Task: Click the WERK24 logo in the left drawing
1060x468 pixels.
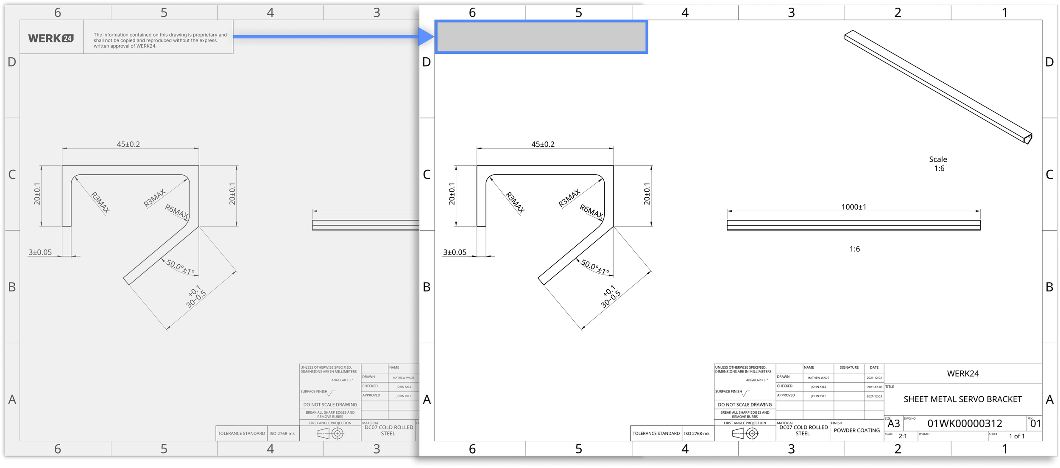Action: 51,38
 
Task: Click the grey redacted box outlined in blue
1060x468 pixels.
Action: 541,37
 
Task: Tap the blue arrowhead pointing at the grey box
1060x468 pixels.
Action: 426,36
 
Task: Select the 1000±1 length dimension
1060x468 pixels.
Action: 854,207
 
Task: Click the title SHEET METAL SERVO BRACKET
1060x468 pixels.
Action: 962,399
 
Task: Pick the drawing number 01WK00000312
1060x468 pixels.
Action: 965,423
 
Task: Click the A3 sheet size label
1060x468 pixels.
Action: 893,423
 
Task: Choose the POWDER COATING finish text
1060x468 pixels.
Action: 856,430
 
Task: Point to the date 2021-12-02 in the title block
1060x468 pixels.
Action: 874,378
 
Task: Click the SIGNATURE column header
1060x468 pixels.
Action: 849,367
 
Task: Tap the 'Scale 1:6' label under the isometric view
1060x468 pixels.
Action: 938,164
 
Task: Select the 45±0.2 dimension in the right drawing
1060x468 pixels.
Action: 543,144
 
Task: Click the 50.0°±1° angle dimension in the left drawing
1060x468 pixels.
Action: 180,267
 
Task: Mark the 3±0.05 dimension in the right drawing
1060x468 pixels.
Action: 455,252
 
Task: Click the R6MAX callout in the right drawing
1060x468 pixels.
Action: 591,211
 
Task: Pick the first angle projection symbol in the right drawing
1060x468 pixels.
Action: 745,433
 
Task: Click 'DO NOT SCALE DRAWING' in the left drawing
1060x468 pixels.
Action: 330,404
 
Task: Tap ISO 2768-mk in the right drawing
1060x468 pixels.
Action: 696,433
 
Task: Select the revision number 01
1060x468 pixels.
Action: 1035,423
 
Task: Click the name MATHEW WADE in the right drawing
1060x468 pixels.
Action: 818,378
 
